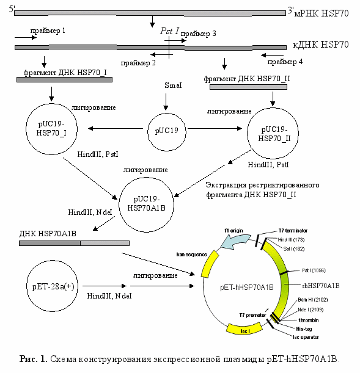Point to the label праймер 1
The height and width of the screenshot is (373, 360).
pyautogui.click(x=48, y=31)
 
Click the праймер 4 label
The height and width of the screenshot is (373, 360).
pyautogui.click(x=285, y=62)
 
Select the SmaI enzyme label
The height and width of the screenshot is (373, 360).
pyautogui.click(x=173, y=85)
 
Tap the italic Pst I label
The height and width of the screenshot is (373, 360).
pyautogui.click(x=169, y=31)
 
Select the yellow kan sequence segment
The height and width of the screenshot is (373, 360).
pyautogui.click(x=210, y=264)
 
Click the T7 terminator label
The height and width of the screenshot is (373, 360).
pyautogui.click(x=293, y=231)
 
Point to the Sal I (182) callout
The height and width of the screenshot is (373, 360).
pyautogui.click(x=294, y=249)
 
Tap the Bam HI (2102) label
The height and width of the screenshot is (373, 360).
pyautogui.click(x=312, y=300)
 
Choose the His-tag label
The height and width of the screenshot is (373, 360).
pyautogui.click(x=304, y=329)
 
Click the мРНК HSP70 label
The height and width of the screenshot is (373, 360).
pyautogui.click(x=321, y=13)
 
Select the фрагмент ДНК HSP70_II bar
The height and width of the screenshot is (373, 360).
pyautogui.click(x=248, y=87)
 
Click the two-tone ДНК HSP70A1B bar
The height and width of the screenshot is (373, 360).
pyautogui.click(x=74, y=243)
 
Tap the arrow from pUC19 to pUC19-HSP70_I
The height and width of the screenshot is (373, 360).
pyautogui.click(x=116, y=128)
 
